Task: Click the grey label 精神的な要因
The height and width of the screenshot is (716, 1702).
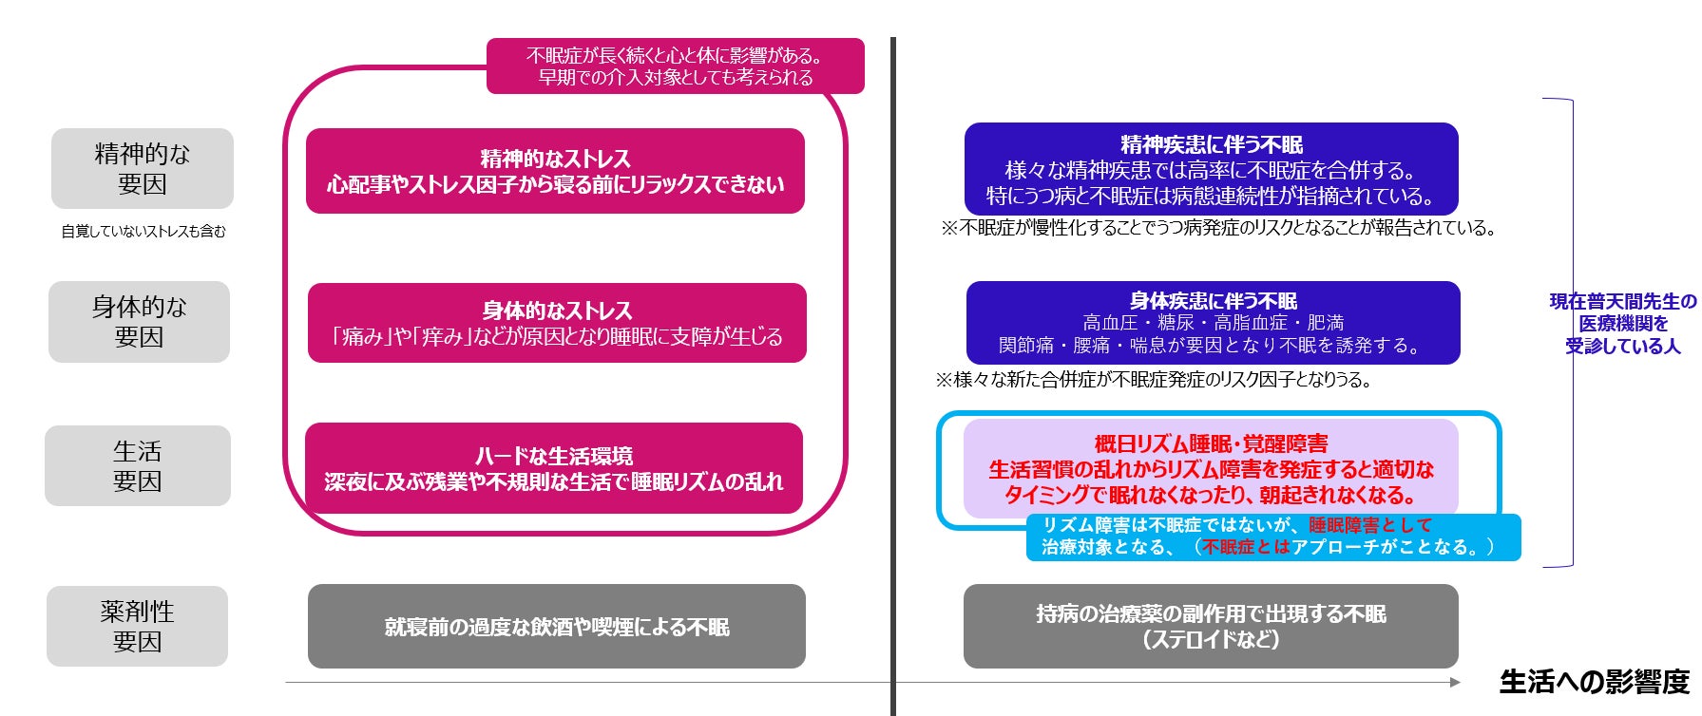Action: point(142,168)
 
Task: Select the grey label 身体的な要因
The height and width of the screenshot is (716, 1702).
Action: point(139,322)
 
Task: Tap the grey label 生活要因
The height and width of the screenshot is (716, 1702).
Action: point(138,465)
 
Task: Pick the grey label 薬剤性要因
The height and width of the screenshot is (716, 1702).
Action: point(137,626)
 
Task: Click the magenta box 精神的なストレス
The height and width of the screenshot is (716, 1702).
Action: point(555,171)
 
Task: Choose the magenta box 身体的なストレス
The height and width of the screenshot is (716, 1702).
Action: point(557,323)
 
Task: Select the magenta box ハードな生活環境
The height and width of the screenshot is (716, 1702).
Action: point(554,468)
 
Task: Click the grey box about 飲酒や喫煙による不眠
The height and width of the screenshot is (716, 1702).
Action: point(557,627)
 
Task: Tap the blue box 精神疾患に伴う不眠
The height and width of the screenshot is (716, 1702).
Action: point(1211,169)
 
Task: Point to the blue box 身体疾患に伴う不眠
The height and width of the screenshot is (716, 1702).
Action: point(1213,323)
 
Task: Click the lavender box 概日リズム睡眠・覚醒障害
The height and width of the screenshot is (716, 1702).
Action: point(1211,468)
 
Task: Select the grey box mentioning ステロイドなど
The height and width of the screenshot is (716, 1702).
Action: point(1211,627)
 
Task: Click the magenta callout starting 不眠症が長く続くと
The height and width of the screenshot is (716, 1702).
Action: point(675,66)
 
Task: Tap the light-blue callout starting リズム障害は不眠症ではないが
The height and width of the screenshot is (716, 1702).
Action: point(1272,537)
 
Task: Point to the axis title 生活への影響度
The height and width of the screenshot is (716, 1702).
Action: point(1594,682)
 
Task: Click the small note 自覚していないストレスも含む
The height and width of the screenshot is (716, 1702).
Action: point(143,232)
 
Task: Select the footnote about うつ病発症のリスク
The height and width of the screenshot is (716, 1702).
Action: point(1218,229)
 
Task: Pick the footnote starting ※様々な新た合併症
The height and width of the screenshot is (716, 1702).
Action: point(1154,380)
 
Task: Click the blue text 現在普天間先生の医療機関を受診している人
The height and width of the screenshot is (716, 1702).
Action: point(1622,324)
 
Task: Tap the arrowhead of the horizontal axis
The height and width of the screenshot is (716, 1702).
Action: point(1455,682)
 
